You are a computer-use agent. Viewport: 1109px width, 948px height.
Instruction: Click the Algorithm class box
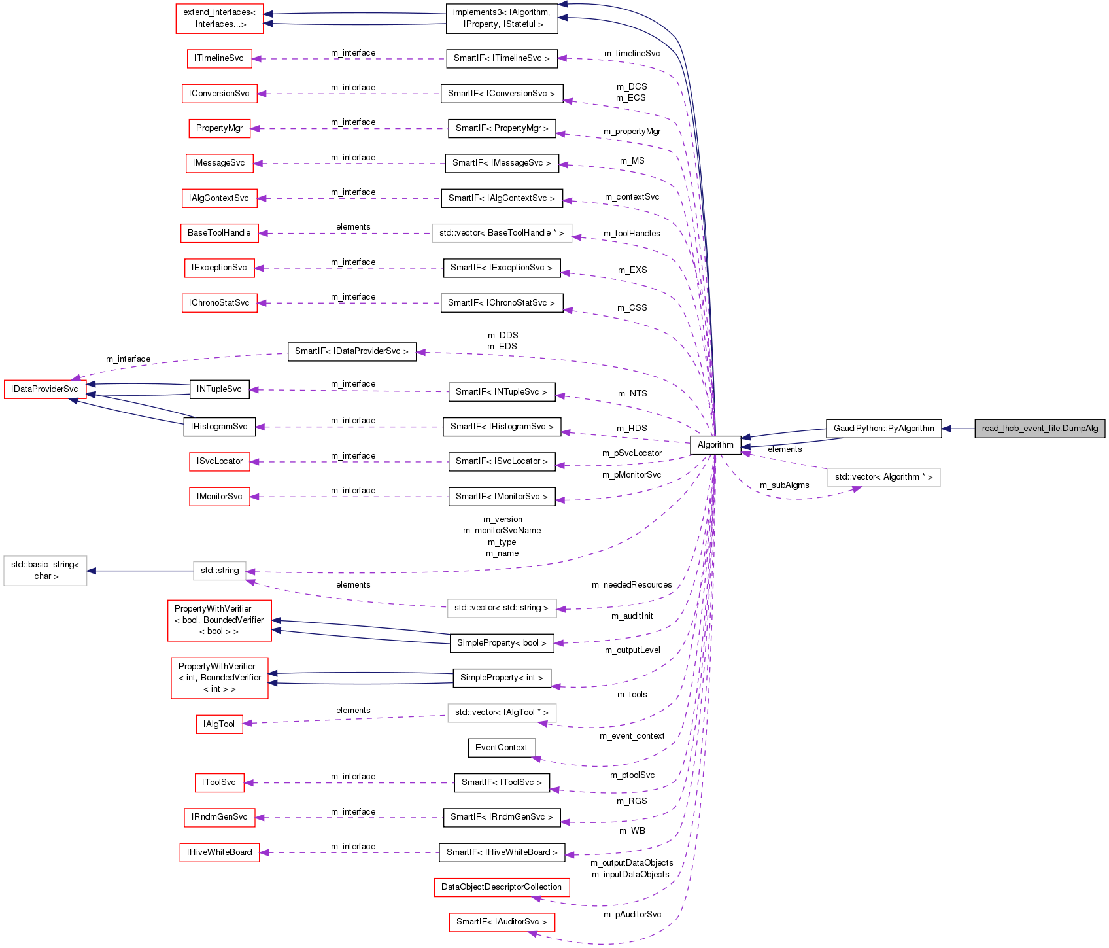click(715, 445)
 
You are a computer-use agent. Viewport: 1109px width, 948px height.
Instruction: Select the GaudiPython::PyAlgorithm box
click(883, 429)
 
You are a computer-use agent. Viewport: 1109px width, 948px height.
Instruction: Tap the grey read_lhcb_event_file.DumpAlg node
click(1040, 429)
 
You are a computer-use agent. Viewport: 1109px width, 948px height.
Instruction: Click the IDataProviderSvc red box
click(44, 389)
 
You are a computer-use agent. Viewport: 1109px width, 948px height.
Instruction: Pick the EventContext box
click(502, 748)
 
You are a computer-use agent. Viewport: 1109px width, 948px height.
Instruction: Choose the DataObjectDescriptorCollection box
click(502, 887)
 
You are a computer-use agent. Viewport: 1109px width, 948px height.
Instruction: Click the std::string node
click(220, 571)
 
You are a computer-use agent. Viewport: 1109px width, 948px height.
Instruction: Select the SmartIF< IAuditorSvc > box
click(502, 922)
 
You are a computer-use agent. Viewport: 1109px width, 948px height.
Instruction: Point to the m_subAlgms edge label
click(784, 485)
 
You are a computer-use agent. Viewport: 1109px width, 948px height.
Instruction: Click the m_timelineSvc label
click(632, 54)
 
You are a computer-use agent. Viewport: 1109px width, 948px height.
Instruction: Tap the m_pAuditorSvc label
click(632, 915)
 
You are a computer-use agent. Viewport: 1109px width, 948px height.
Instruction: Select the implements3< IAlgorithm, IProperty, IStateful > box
click(502, 18)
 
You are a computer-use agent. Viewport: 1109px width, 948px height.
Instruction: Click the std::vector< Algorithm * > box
click(883, 477)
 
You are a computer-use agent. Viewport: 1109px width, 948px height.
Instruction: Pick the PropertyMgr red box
click(219, 128)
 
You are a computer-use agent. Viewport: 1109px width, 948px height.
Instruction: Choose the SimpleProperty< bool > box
click(502, 643)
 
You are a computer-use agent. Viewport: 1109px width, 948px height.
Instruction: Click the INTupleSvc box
click(219, 389)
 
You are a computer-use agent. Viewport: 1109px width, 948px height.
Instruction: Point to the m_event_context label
click(632, 736)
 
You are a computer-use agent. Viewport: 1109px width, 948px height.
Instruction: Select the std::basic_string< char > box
click(45, 571)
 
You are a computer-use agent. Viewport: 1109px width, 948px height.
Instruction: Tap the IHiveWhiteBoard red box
click(219, 852)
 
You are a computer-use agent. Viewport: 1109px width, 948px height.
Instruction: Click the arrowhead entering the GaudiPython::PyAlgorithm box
click(946, 429)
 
